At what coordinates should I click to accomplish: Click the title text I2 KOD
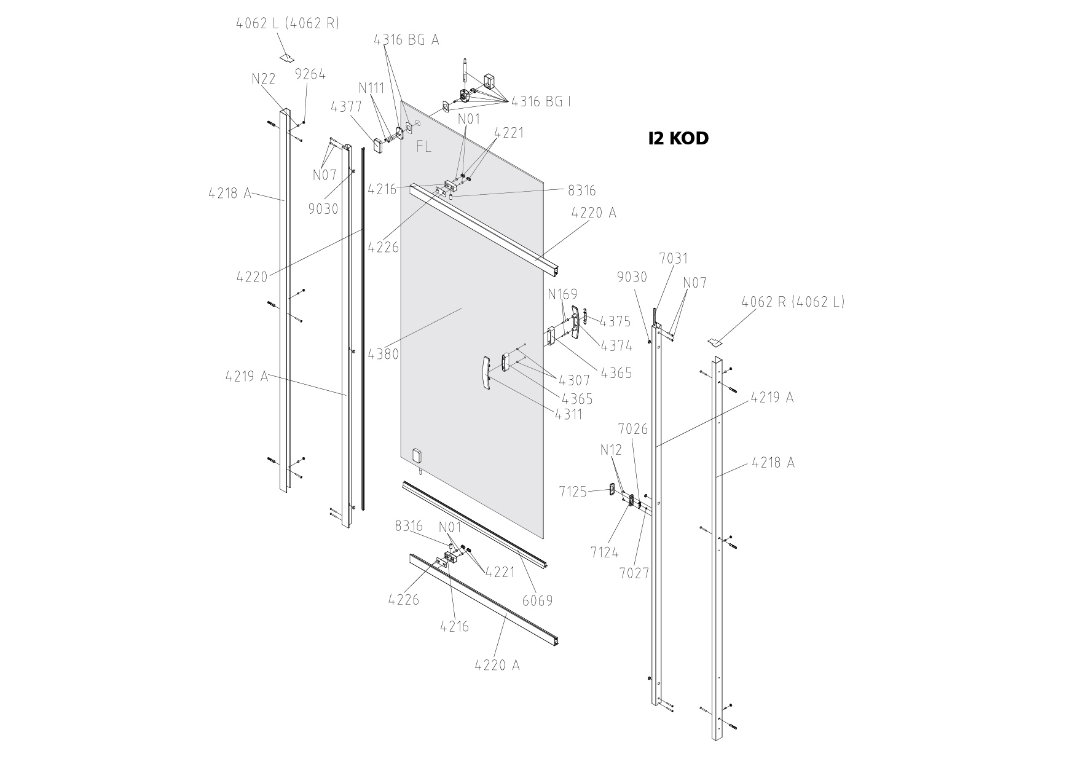point(679,138)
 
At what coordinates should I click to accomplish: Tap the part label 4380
point(384,354)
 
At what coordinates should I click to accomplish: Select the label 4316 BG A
point(406,39)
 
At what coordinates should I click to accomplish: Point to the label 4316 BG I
point(541,101)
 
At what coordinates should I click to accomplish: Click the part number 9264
point(310,74)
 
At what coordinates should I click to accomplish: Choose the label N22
point(263,79)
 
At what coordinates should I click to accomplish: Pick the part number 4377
point(346,107)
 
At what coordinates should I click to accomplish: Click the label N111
point(372,88)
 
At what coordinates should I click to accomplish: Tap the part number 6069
point(537,600)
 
